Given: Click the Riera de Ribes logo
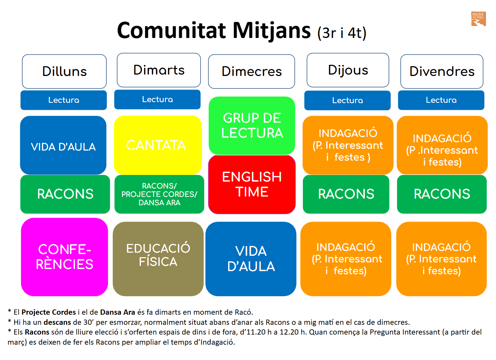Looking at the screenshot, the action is pos(478,19).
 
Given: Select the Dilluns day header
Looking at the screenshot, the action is pos(64,71).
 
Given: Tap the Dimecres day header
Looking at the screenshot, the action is pos(251,71).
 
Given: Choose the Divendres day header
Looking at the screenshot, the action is pos(442,71).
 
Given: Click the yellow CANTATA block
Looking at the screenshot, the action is pos(158,145).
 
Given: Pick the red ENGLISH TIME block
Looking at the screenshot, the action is pos(252,184).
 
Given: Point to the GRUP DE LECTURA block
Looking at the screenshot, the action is pos(252,126).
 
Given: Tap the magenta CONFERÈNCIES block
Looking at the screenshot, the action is pos(65,257).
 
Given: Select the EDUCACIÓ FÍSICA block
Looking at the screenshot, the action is pos(158,259).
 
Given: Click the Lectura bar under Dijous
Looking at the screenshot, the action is pos(347,100).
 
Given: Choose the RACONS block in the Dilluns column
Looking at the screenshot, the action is pos(65,194).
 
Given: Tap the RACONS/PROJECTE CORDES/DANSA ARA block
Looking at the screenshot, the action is pos(159,194).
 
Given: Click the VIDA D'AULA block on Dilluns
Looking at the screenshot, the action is pos(63,145).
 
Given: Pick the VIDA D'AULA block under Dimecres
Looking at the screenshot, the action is pos(251,259).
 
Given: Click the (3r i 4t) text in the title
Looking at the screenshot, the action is pos(342,33).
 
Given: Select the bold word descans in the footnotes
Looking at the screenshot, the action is pos(57,322).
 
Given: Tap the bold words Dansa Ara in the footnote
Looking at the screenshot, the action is pos(118,312).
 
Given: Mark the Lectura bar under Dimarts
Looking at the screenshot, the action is pos(157,99).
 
